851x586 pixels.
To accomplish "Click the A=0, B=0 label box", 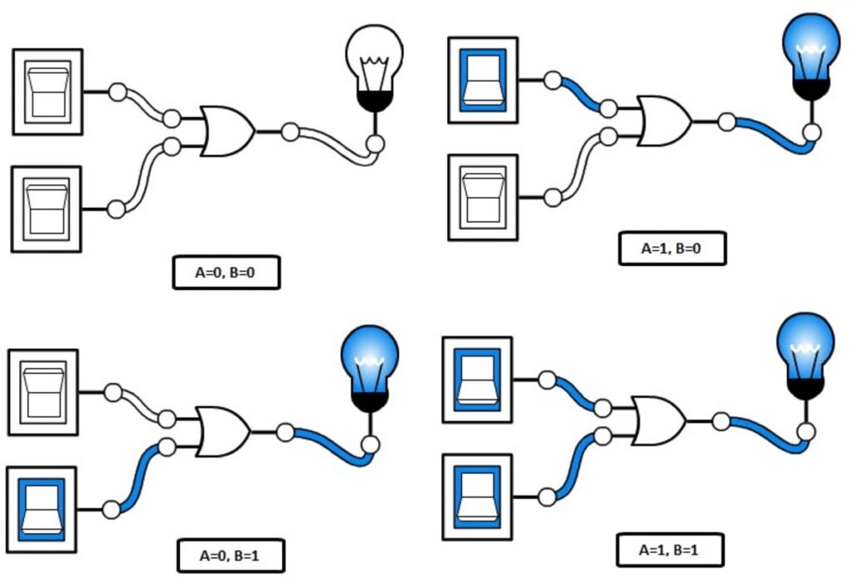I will point(226,273).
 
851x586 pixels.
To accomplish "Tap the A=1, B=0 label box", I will point(672,249).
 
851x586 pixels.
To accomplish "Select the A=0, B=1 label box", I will point(230,555).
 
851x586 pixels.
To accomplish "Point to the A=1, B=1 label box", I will point(670,549).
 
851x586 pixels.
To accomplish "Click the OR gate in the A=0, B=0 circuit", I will point(226,131).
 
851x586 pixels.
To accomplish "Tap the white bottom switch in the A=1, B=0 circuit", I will point(483,197).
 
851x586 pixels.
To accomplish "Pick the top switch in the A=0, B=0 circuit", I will point(47,91).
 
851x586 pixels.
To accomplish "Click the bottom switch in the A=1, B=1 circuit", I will point(477,495).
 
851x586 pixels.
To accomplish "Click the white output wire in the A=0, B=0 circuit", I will point(332,145).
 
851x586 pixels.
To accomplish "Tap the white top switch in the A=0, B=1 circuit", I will point(42,391).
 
